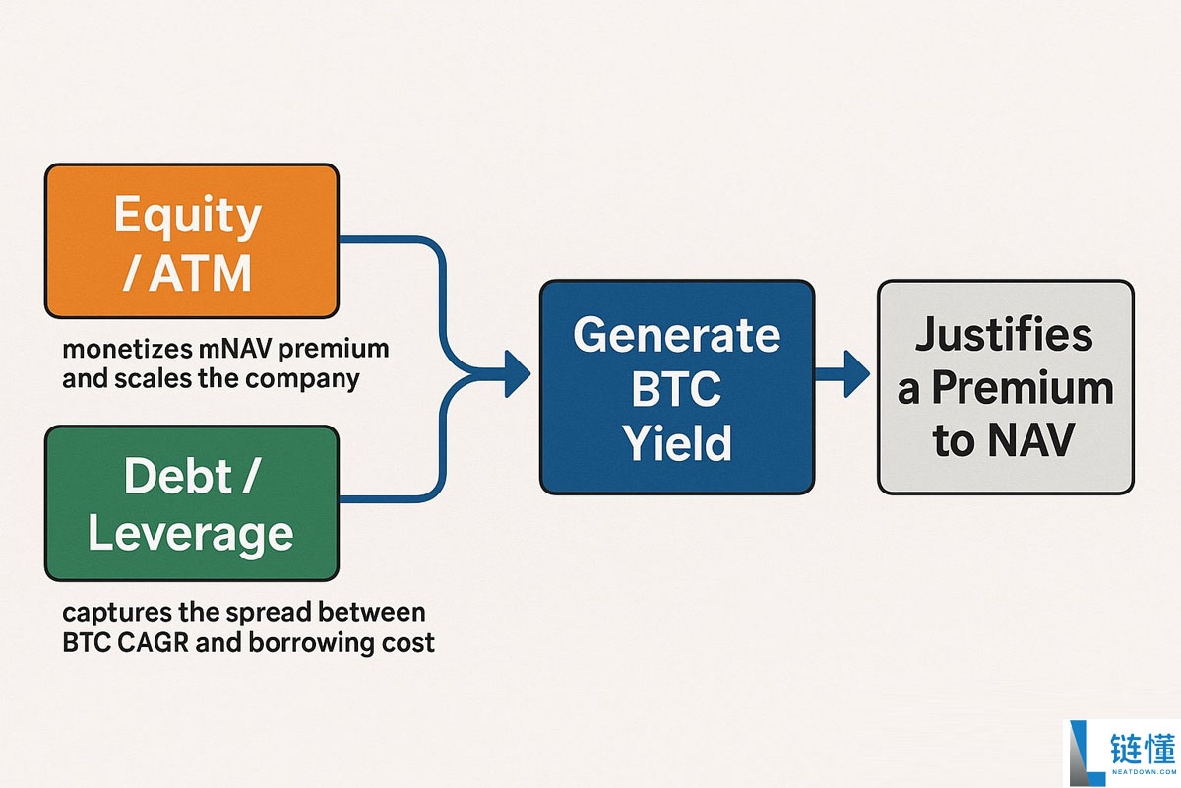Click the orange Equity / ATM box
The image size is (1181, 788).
coord(192,241)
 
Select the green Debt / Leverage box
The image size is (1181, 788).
coord(192,503)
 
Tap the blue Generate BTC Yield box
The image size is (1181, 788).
coord(677,387)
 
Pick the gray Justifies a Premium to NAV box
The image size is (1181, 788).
coord(1005,387)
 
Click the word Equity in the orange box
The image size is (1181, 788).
coord(188,215)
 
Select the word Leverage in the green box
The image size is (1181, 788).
coord(191,534)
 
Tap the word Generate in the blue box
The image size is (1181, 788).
coord(677,336)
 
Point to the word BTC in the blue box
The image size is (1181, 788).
coord(677,389)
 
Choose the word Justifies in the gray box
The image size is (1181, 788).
coord(1004,335)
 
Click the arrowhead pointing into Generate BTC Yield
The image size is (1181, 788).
coord(515,372)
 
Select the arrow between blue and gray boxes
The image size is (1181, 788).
coord(843,372)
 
